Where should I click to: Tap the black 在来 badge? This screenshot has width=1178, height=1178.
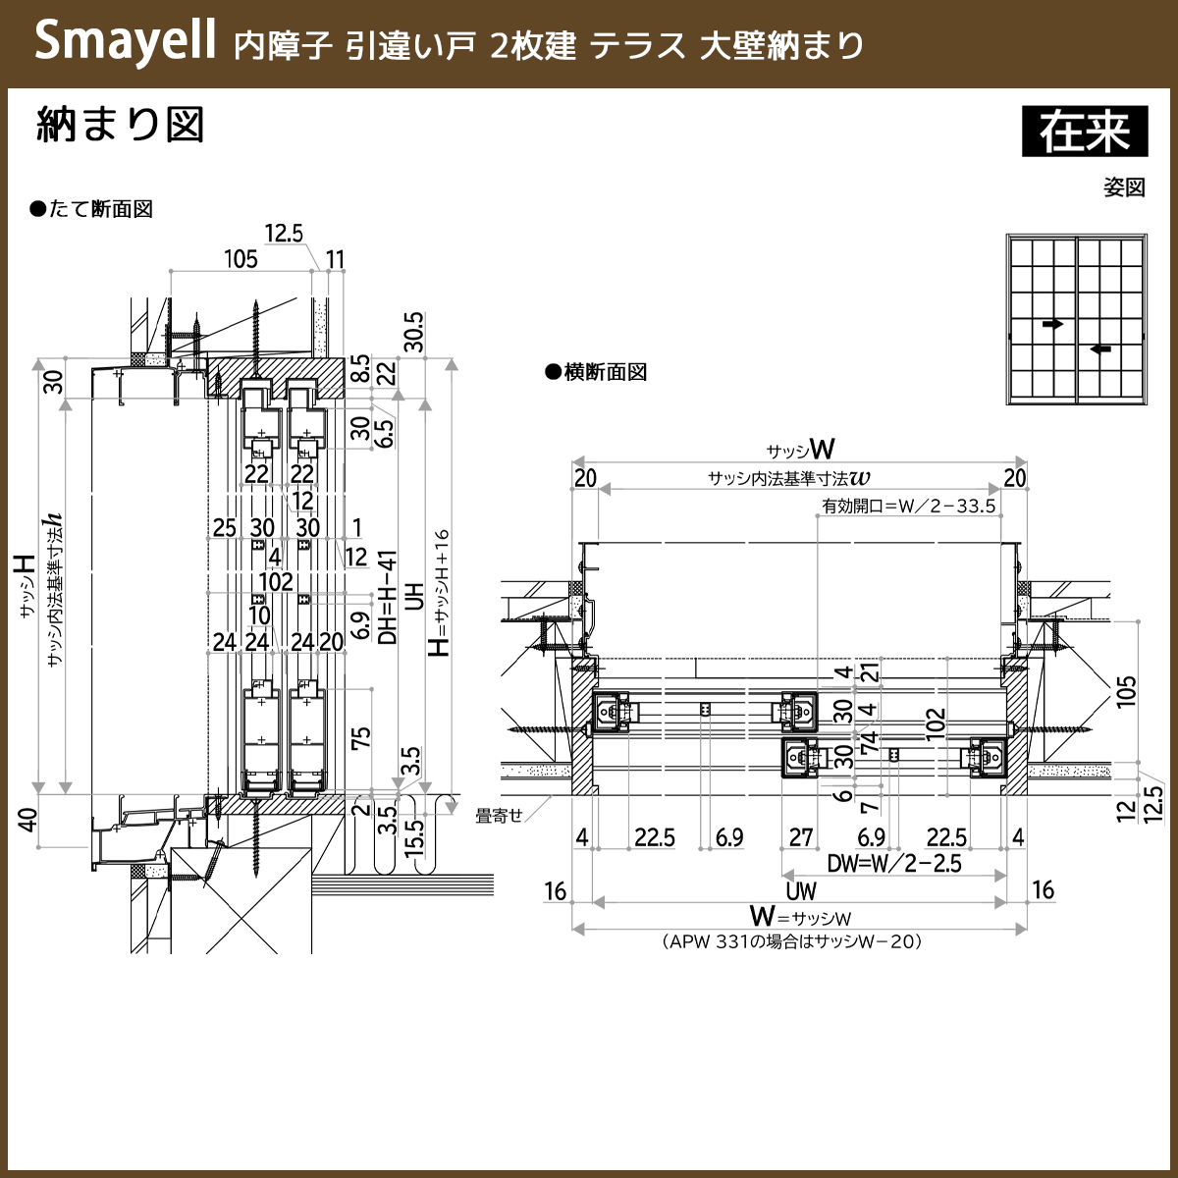[x=1085, y=132]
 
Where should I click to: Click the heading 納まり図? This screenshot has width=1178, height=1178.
[x=120, y=127]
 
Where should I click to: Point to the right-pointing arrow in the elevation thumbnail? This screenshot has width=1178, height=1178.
[x=1052, y=323]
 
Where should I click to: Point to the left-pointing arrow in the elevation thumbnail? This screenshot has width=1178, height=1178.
[x=1100, y=348]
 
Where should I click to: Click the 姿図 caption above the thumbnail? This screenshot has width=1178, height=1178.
[x=1124, y=187]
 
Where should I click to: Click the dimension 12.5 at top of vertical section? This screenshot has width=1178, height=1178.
[x=284, y=233]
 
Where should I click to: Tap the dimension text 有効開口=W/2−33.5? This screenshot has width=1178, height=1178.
[x=909, y=507]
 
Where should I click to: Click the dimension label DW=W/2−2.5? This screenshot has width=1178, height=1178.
[x=893, y=864]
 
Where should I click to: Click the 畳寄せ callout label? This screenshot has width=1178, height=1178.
[x=499, y=815]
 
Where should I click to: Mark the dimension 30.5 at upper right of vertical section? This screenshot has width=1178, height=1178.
[x=413, y=332]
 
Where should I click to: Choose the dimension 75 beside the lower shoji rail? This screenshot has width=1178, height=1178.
[x=360, y=737]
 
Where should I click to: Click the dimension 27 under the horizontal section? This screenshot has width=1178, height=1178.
[x=801, y=837]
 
